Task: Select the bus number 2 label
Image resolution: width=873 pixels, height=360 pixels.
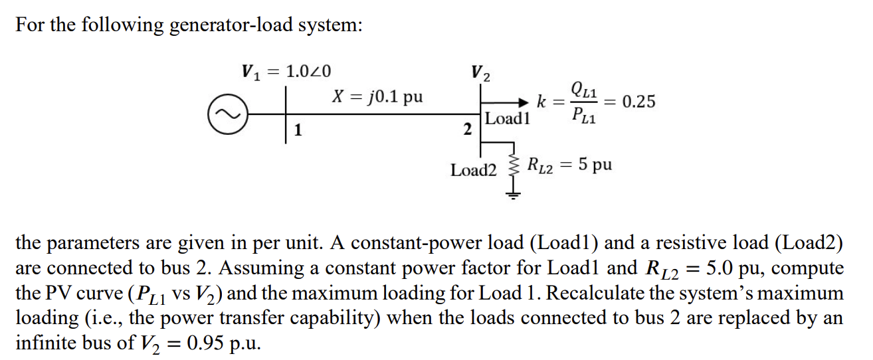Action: pyautogui.click(x=468, y=128)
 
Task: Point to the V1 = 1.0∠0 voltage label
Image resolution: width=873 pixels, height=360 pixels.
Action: pyautogui.click(x=286, y=71)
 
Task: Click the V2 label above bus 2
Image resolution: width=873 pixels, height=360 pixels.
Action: pyautogui.click(x=480, y=72)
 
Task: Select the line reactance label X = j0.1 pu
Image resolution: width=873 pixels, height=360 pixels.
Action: pyautogui.click(x=376, y=96)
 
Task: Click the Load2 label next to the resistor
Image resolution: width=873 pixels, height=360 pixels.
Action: pyautogui.click(x=473, y=170)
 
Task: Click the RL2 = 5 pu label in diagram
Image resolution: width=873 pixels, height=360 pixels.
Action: pyautogui.click(x=569, y=164)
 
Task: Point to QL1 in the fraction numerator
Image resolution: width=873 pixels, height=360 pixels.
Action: pyautogui.click(x=583, y=88)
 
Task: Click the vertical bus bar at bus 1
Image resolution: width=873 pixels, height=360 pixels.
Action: pyautogui.click(x=286, y=114)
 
